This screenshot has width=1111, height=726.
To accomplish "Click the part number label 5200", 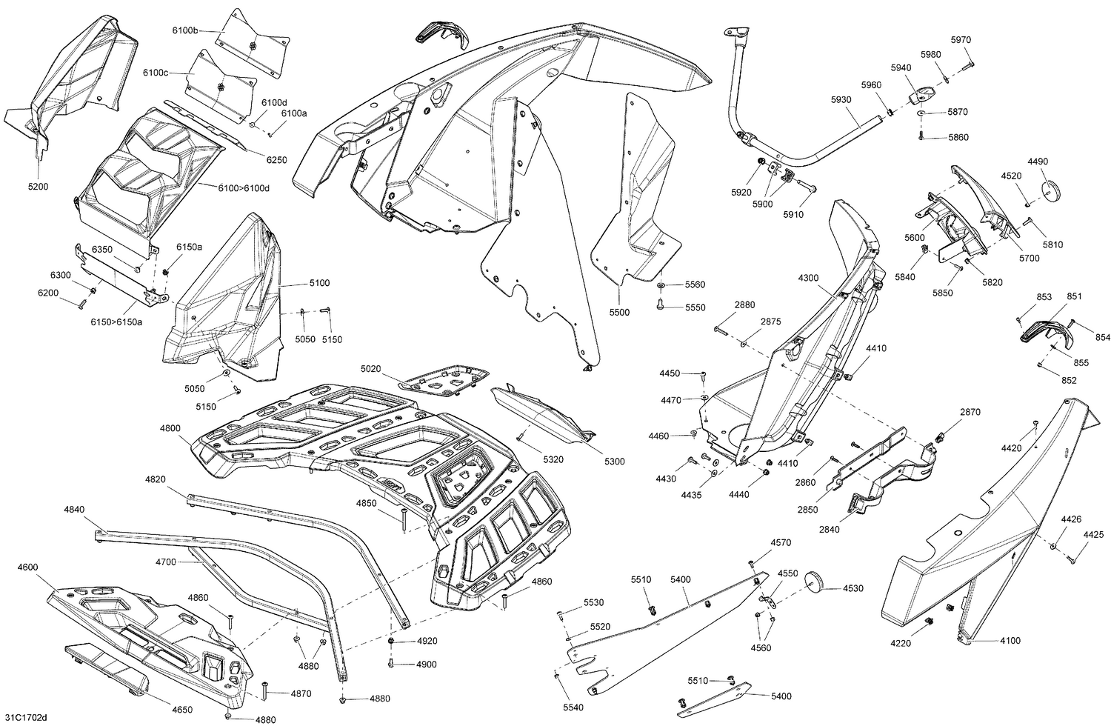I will click(x=38, y=187).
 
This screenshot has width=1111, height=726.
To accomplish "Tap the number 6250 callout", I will click(x=276, y=160).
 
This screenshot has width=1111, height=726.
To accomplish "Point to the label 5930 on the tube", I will click(x=840, y=99).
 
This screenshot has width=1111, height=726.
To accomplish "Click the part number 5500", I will click(x=619, y=313).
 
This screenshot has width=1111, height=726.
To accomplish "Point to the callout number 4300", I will click(x=809, y=278).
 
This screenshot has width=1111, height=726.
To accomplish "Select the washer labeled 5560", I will click(x=660, y=285).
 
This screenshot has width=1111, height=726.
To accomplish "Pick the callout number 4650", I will click(x=182, y=710).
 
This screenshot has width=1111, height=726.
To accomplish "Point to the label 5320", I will click(x=553, y=459).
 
